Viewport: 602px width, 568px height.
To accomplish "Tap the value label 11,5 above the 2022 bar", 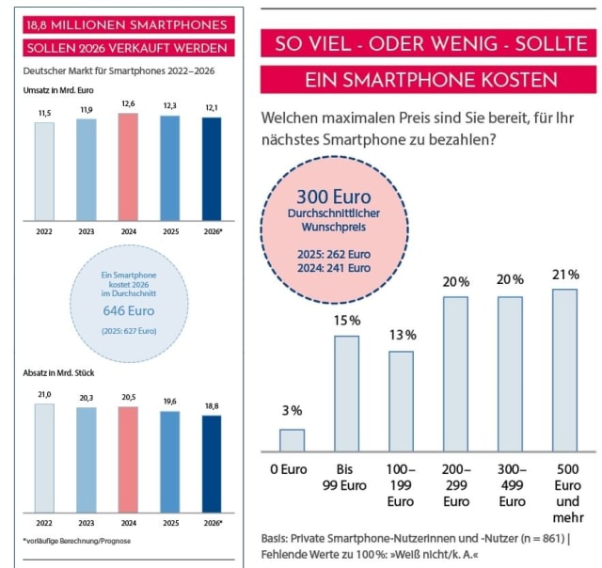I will click(44, 113).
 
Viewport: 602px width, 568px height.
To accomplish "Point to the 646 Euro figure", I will click(129, 309).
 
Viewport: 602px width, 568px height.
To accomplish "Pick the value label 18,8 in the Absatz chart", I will click(212, 406).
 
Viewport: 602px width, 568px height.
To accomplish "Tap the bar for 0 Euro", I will click(293, 440).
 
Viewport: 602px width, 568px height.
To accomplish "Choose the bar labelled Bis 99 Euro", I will click(347, 394).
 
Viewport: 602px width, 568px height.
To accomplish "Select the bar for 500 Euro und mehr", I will click(564, 371).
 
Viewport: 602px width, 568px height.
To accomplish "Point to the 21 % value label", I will click(564, 274).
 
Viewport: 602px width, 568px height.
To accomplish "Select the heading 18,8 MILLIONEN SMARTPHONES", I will click(125, 24).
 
